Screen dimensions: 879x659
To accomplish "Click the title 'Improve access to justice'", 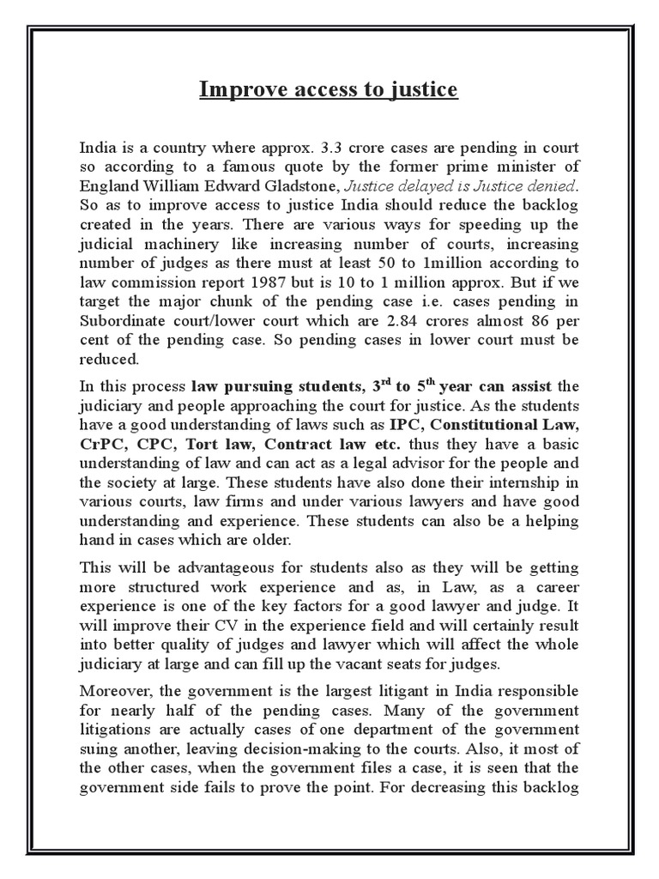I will click(329, 89).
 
